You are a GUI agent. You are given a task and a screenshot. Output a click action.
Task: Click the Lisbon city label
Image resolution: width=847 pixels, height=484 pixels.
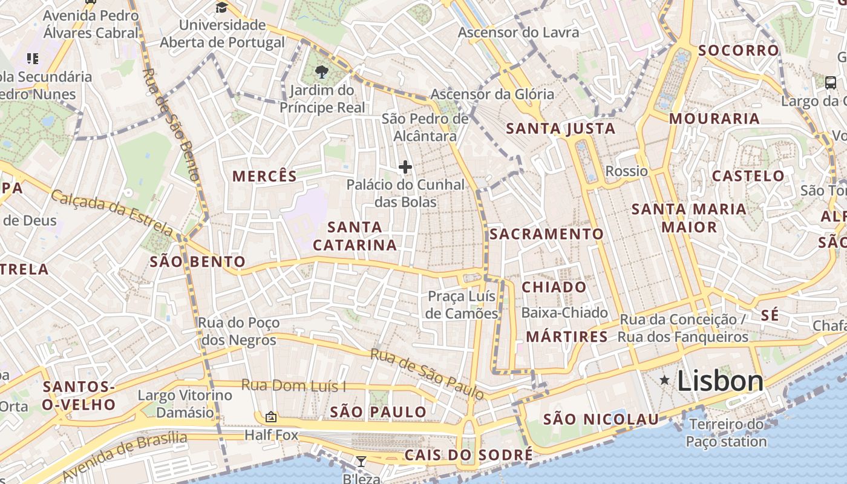click(x=720, y=381)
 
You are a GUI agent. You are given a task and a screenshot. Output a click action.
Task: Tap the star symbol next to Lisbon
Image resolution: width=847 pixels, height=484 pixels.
click(x=665, y=380)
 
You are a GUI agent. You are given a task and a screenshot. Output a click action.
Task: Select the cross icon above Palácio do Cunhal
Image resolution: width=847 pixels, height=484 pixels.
click(x=405, y=167)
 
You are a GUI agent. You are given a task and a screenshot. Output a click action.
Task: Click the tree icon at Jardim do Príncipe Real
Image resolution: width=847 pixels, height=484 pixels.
click(x=322, y=73)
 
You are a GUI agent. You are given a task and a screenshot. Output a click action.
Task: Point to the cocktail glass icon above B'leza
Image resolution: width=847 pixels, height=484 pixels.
click(x=361, y=462)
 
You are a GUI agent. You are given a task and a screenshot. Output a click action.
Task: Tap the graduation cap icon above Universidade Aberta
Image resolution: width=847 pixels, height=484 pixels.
click(x=222, y=8)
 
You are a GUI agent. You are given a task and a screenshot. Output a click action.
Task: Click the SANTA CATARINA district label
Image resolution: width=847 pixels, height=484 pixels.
click(x=355, y=236)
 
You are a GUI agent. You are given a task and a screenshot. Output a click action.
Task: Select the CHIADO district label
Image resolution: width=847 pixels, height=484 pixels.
click(x=554, y=287)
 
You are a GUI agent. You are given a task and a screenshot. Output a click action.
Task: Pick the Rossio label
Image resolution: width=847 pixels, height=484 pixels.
click(x=626, y=171)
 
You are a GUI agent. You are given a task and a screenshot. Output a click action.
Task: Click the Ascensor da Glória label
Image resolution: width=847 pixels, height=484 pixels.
click(x=492, y=94)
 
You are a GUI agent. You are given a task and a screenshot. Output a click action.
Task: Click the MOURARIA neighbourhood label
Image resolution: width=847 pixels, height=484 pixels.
click(x=714, y=119)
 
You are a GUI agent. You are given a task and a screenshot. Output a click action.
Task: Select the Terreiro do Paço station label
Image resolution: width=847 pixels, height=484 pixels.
click(x=726, y=433)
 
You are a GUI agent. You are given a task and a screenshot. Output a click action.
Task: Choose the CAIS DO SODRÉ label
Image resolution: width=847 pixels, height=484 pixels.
click(x=469, y=455)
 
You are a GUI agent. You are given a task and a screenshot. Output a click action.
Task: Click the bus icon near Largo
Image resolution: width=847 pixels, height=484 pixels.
click(x=831, y=83)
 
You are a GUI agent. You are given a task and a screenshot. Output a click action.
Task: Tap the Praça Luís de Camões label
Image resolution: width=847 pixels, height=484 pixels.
click(x=462, y=305)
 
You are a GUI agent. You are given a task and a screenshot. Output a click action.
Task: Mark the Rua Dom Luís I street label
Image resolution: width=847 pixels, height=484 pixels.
click(x=293, y=385)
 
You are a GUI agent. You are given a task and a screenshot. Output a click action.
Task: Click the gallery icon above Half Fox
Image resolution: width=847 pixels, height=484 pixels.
click(x=271, y=417)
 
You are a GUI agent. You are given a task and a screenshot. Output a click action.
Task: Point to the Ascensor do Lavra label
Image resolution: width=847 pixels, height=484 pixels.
click(x=518, y=33)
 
